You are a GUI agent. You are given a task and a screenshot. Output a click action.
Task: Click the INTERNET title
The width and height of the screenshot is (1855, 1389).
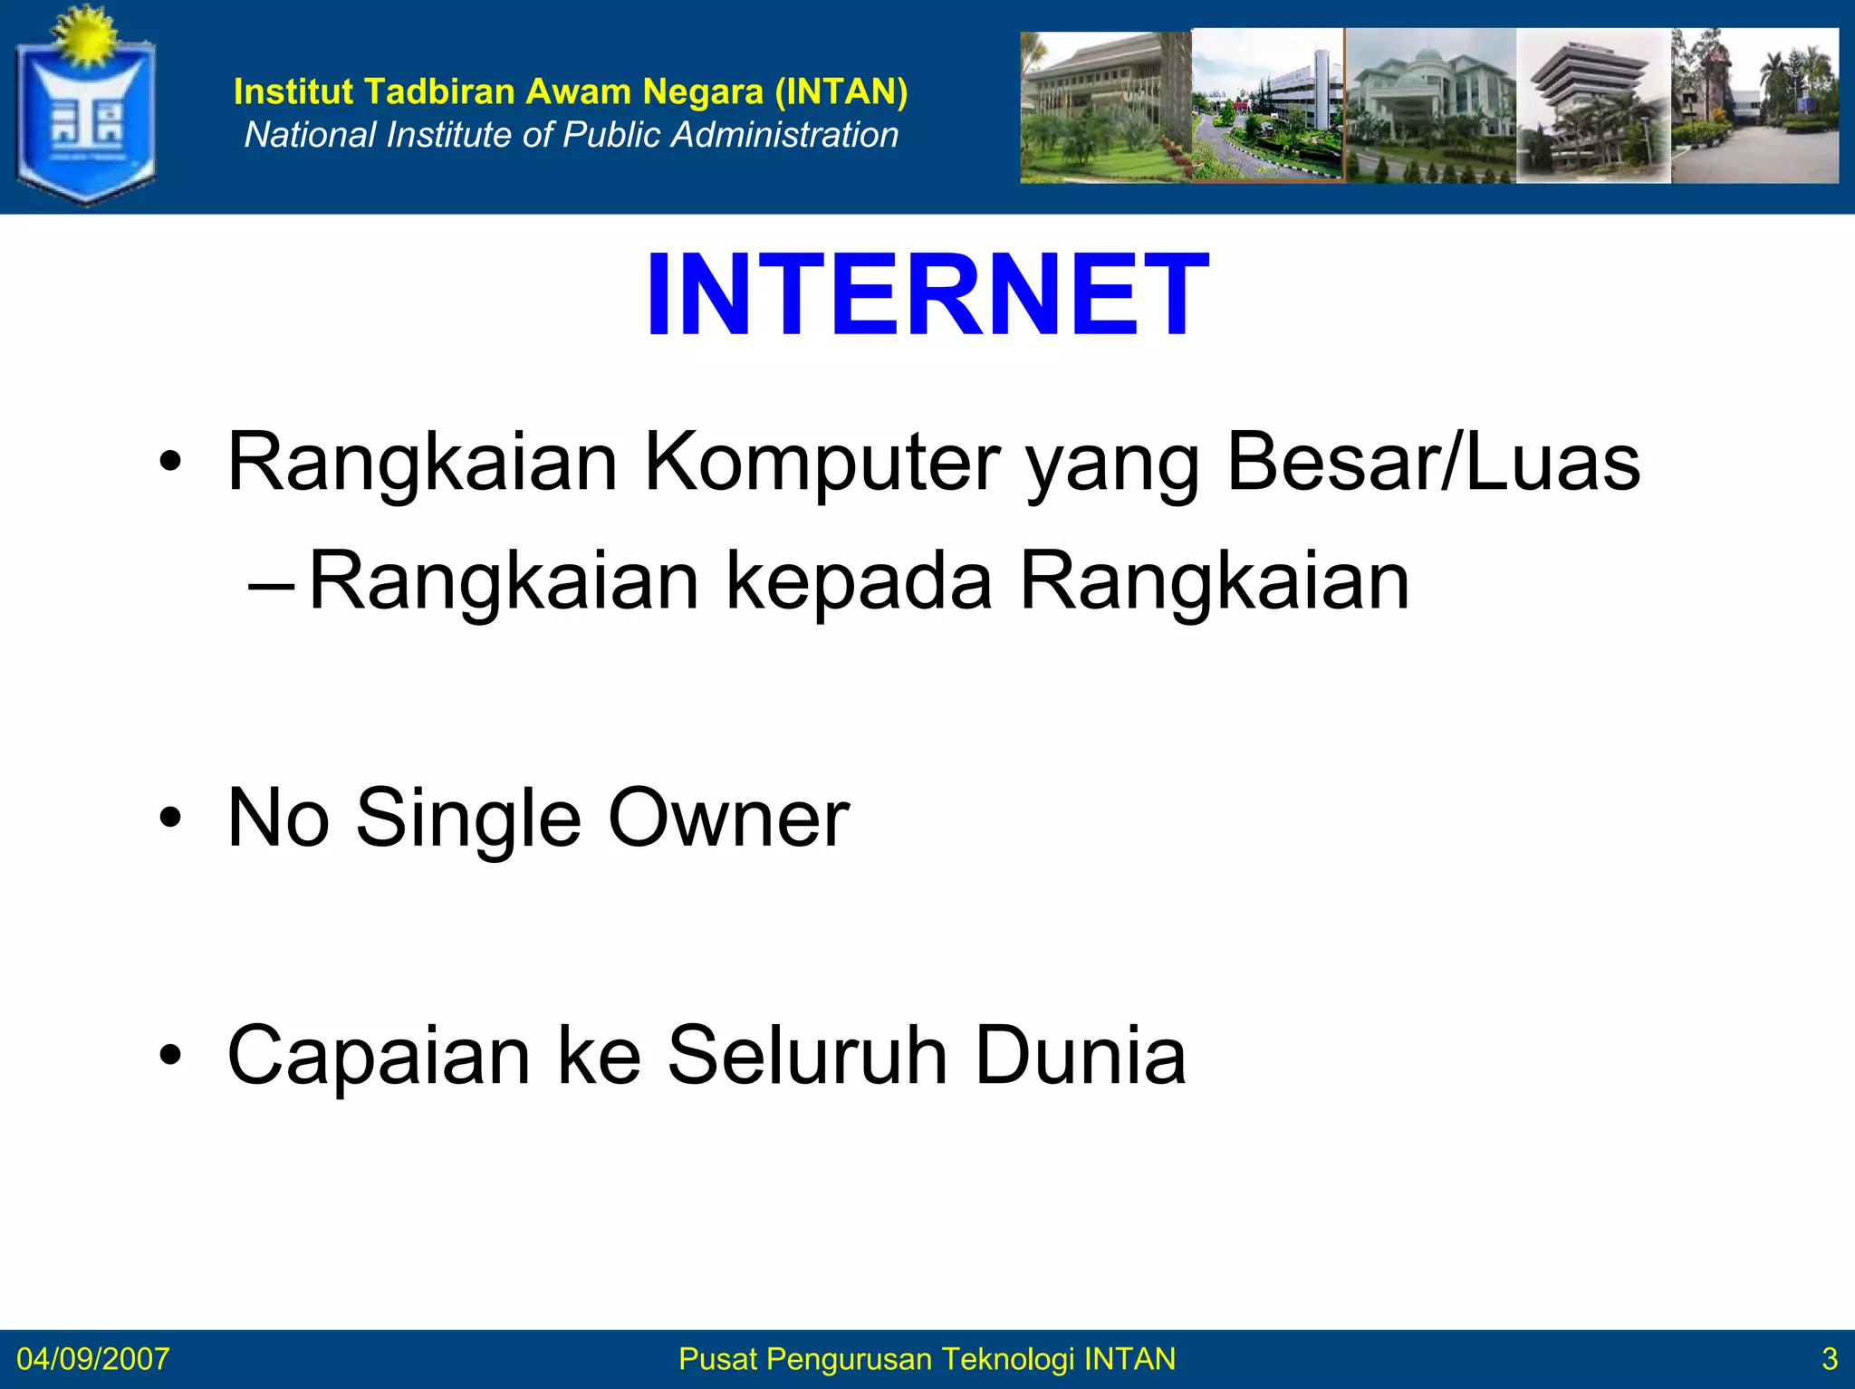(927, 295)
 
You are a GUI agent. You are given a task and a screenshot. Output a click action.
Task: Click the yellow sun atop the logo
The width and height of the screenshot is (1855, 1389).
(83, 34)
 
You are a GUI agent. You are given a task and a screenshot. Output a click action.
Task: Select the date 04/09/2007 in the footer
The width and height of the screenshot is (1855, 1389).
(92, 1359)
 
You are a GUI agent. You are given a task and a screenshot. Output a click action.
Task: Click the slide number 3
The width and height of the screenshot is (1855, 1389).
(1829, 1359)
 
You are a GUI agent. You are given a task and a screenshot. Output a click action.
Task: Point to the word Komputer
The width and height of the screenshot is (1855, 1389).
(822, 463)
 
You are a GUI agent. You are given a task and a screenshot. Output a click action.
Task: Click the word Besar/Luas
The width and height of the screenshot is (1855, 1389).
(1433, 463)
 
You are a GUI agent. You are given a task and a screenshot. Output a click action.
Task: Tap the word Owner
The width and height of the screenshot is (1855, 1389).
(728, 819)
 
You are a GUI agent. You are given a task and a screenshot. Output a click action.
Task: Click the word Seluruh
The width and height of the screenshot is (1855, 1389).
(807, 1055)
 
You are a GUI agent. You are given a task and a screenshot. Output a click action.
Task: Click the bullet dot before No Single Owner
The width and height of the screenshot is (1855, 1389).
(169, 819)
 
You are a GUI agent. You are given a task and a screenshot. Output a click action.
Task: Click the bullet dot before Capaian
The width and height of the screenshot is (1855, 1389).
(169, 1055)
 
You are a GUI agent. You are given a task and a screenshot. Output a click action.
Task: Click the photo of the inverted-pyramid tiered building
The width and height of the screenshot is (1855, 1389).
(1592, 105)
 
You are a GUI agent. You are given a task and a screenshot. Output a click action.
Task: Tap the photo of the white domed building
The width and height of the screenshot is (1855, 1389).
(1429, 105)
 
